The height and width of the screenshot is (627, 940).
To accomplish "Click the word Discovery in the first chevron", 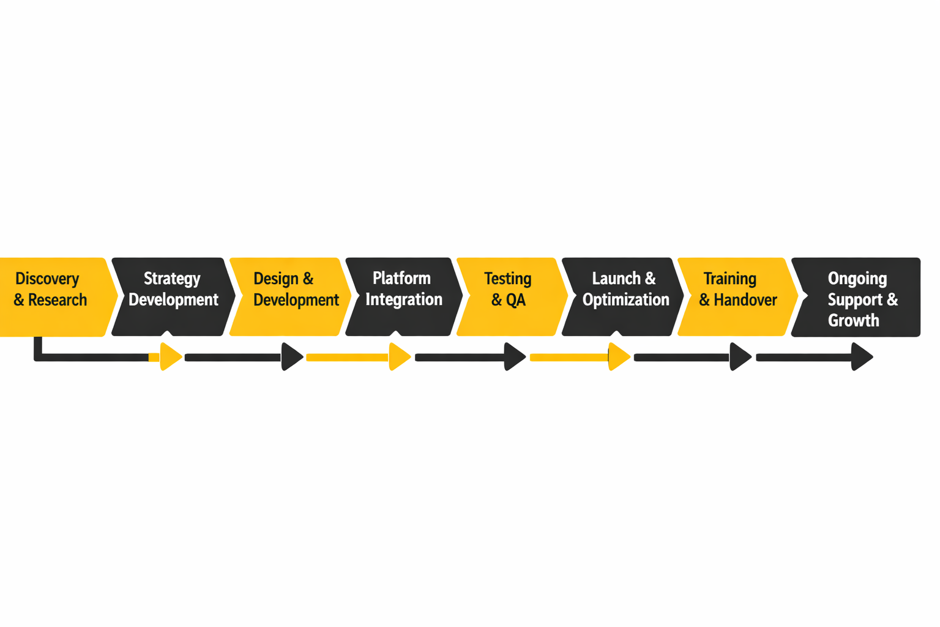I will (47, 279).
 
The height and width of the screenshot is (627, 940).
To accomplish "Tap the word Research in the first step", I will (58, 300).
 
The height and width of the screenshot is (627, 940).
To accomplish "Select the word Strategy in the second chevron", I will (172, 279).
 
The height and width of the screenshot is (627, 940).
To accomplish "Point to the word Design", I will (275, 279).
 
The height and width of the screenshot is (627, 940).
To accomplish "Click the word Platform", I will (401, 278).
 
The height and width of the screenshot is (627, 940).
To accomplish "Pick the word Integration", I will (404, 299).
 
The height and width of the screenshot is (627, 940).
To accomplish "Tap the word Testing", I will (507, 279).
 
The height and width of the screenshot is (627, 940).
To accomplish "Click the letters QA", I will (516, 300).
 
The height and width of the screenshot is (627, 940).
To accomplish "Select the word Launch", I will (616, 279).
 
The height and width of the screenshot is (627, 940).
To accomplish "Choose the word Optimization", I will (625, 299).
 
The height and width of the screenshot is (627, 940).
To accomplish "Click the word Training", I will (729, 279).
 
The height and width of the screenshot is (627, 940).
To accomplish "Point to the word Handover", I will (745, 300).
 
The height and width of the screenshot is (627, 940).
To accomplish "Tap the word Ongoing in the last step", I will (857, 279).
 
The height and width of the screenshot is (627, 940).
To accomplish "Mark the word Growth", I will (853, 320).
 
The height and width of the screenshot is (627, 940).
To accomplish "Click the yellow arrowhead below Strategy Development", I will (170, 357).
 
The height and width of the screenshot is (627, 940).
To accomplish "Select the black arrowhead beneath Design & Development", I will (291, 357).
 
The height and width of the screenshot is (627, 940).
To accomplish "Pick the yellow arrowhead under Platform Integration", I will (399, 357).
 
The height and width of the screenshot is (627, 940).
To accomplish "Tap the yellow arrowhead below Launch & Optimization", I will (618, 357).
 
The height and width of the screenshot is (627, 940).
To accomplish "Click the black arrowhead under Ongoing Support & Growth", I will (861, 357).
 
